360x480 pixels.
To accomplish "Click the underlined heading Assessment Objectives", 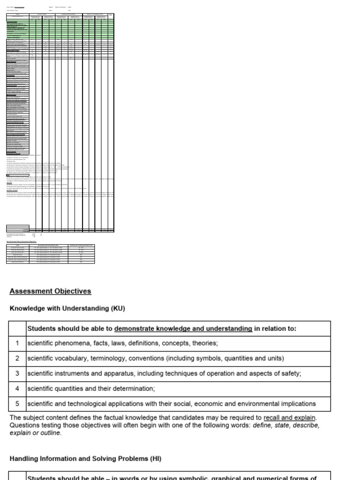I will [x=50, y=291].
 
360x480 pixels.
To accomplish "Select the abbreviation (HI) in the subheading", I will [x=155, y=458].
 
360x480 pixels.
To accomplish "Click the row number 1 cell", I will [x=17, y=343].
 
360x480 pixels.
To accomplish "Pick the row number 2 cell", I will [x=17, y=359].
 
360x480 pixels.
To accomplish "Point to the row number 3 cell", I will [x=17, y=374].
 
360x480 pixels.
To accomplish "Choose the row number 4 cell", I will [x=17, y=389].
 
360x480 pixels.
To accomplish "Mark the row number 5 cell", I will [x=17, y=404].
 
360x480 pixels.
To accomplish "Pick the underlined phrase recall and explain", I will [x=290, y=418].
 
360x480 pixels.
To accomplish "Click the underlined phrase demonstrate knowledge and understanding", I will [x=183, y=329].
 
